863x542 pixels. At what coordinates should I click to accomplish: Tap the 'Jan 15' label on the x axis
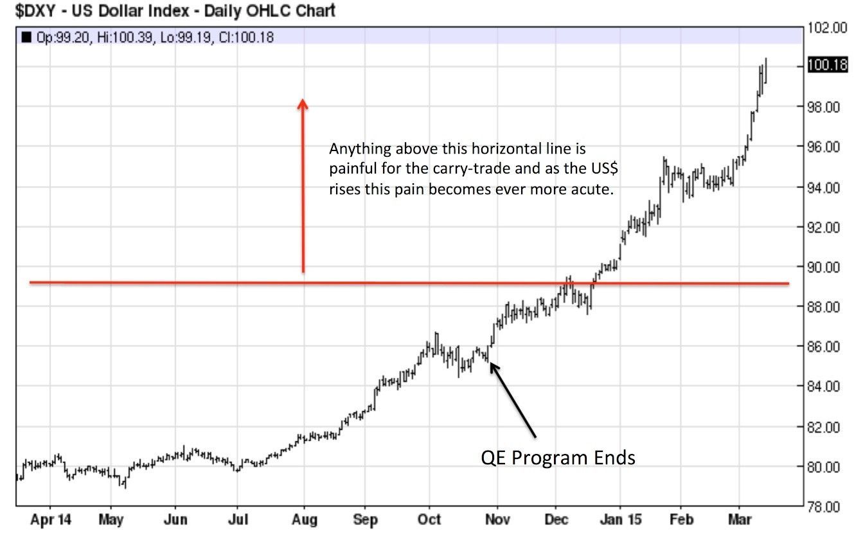click(x=620, y=519)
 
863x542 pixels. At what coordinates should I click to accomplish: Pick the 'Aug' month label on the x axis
click(x=304, y=519)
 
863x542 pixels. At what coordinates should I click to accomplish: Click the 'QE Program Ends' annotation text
click(x=558, y=458)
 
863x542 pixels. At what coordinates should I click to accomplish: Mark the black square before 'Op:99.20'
click(x=26, y=37)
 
